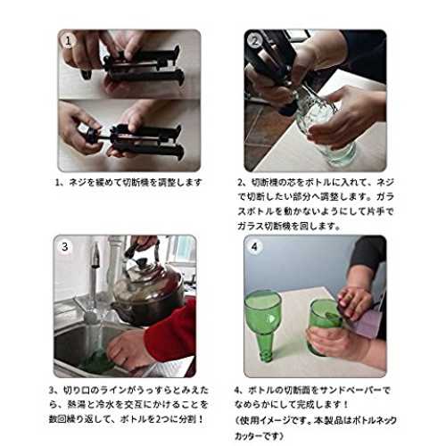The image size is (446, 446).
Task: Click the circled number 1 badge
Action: (x=68, y=41)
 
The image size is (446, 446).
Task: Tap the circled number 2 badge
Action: (x=255, y=41)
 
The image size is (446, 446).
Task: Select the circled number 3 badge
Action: (x=65, y=246)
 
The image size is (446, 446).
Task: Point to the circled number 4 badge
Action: (x=254, y=246)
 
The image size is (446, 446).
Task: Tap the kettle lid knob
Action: (x=142, y=263)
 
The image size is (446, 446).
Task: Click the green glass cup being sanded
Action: (x=324, y=327)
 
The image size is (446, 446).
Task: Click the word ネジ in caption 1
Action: (x=77, y=182)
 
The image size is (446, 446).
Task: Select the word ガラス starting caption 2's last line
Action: (x=248, y=226)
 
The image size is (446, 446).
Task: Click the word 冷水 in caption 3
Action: (x=105, y=404)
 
